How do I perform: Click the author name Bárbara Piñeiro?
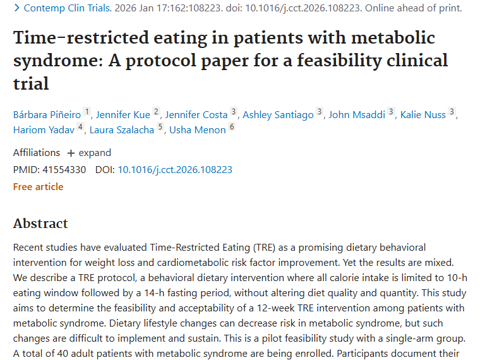pyautogui.click(x=47, y=114)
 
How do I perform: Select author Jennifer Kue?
pyautogui.click(x=123, y=114)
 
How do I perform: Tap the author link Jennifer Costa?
pyautogui.click(x=196, y=114)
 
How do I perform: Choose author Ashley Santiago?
pyautogui.click(x=278, y=114)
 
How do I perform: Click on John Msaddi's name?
pyautogui.click(x=357, y=114)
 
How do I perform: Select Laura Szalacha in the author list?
pyautogui.click(x=123, y=130)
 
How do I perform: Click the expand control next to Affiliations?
pyautogui.click(x=89, y=153)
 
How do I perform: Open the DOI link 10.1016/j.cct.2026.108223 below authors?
pyautogui.click(x=175, y=169)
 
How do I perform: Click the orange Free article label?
pyautogui.click(x=38, y=186)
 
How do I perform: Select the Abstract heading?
pyautogui.click(x=40, y=224)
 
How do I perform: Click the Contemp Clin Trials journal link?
pyautogui.click(x=63, y=8)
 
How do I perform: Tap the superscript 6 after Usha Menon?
pyautogui.click(x=232, y=128)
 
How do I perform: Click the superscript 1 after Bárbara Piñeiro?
pyautogui.click(x=87, y=112)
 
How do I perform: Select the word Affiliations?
pyautogui.click(x=37, y=153)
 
